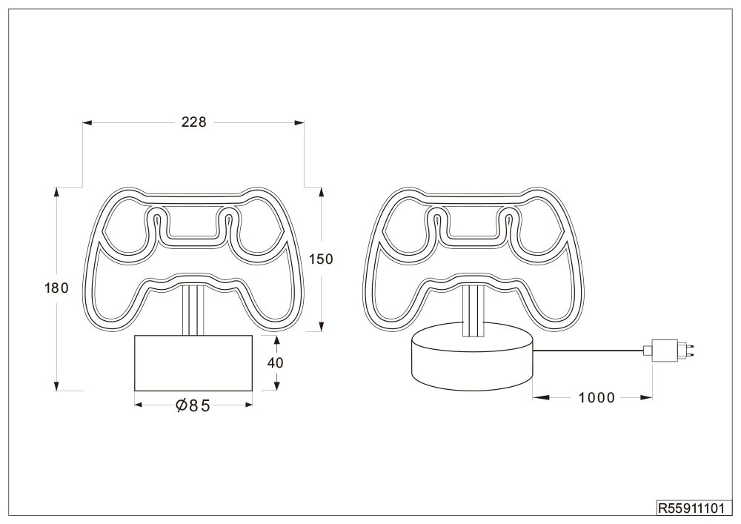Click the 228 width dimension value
click(194, 122)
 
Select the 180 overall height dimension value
click(57, 288)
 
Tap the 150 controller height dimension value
click(322, 259)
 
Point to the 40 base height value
click(276, 362)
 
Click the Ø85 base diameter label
click(193, 405)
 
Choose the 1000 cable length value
click(597, 398)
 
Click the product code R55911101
click(691, 508)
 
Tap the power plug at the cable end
click(671, 350)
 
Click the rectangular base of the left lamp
click(193, 363)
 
